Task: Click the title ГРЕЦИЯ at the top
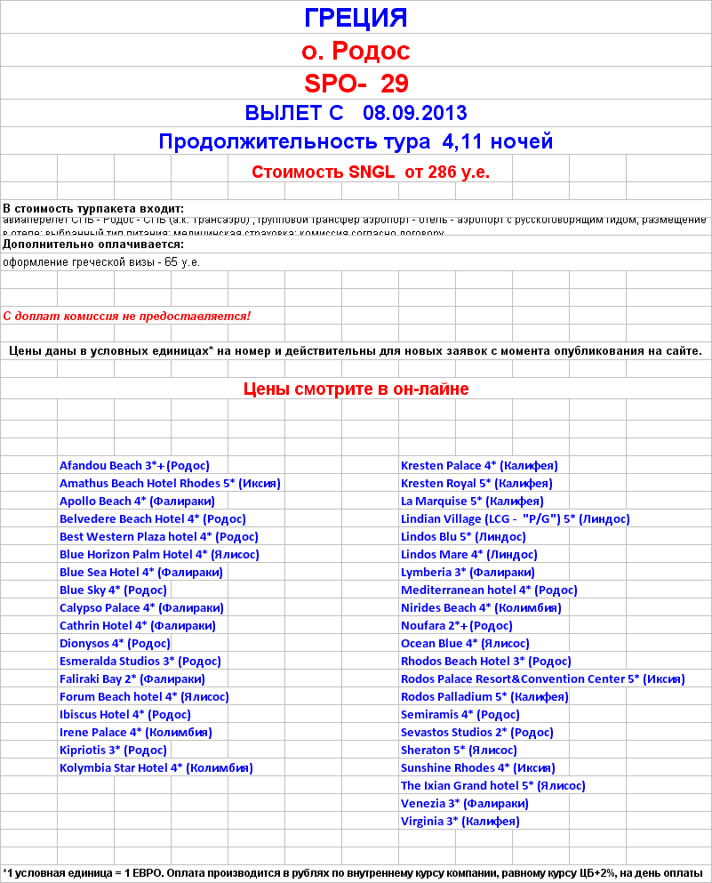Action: coord(356,18)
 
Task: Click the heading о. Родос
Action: coord(356,50)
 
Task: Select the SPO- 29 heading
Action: coord(356,83)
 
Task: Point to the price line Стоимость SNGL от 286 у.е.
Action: coord(370,172)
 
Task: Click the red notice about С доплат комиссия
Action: coord(127,316)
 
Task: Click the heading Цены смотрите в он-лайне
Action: coord(356,389)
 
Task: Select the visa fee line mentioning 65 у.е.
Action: coord(101,262)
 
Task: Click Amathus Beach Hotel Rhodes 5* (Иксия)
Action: coord(170,483)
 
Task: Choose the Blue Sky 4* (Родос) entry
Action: coord(113,590)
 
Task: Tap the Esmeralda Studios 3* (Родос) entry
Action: coord(140,661)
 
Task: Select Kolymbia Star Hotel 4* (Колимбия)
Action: coord(156,767)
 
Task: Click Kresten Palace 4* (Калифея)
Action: coord(479,465)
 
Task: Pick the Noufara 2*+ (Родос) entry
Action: coord(456,625)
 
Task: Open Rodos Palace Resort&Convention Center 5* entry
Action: coord(542,678)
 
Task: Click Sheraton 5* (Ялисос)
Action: coord(459,750)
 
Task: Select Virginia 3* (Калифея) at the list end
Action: coord(460,821)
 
